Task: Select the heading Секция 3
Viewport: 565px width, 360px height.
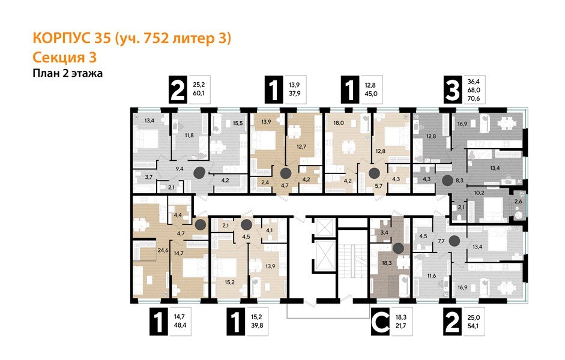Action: click(x=63, y=58)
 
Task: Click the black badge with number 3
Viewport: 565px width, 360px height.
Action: click(x=451, y=92)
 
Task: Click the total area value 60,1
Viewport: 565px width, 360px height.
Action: click(x=198, y=97)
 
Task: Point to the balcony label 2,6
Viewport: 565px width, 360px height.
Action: click(x=518, y=202)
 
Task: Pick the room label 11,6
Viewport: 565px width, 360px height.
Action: click(x=431, y=275)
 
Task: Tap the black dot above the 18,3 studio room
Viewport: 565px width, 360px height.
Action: click(x=397, y=247)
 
